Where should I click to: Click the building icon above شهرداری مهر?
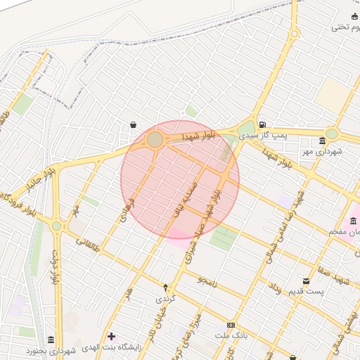tap(322, 140)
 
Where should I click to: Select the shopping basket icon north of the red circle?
tap(133, 124)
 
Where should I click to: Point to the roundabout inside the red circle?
tap(155, 141)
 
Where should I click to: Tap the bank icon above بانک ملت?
tap(231, 325)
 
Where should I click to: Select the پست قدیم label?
tap(306, 292)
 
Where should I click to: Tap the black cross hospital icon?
tap(111, 336)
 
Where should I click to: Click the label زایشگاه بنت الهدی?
tap(112, 347)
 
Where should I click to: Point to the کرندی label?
tap(166, 299)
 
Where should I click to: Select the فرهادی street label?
tap(127, 210)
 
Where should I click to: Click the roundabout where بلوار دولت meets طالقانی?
tap(56, 226)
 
